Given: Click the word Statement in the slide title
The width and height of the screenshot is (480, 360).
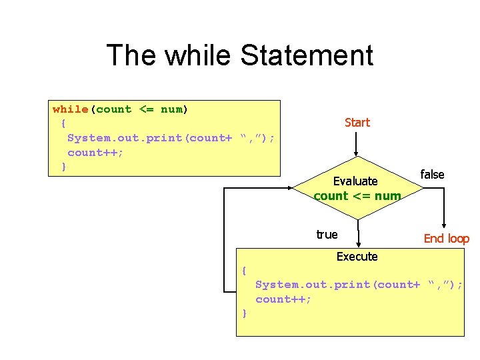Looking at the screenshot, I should click(x=306, y=55).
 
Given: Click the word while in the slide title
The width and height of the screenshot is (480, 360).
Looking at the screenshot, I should click(x=199, y=55).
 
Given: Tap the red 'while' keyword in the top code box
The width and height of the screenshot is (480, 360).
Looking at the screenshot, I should click(x=71, y=109).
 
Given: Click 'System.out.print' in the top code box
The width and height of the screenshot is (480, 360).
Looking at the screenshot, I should click(x=126, y=138).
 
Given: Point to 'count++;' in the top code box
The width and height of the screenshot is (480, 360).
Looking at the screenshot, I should click(x=95, y=152).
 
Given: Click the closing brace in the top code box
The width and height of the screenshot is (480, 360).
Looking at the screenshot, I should click(x=63, y=166).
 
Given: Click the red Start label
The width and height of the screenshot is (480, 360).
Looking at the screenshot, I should click(x=357, y=123).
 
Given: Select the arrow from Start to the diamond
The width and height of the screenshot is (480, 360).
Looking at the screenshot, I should click(x=357, y=144).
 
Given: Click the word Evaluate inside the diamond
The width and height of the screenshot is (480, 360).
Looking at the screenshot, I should click(x=355, y=181).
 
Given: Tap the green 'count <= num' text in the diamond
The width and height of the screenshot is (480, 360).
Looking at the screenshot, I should click(x=357, y=196).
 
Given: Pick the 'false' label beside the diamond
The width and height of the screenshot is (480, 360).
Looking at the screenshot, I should click(x=432, y=175).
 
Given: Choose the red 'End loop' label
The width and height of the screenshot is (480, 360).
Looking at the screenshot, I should click(x=447, y=239).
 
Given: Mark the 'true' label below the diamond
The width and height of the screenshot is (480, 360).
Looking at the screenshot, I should click(x=327, y=235).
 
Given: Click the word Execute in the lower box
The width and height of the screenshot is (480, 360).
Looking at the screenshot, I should click(x=357, y=257).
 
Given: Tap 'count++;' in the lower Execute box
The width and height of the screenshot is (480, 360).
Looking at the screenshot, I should click(x=283, y=299).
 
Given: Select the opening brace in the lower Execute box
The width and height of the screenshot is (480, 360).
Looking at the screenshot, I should click(x=245, y=271).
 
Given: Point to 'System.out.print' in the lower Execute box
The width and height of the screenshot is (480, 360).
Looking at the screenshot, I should click(x=314, y=285).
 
